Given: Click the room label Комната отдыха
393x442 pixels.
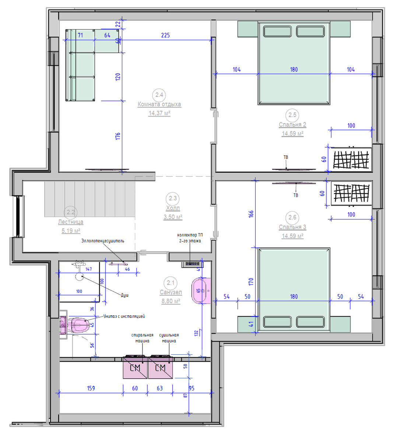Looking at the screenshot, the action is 159,104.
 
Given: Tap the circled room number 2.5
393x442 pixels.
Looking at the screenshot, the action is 292,115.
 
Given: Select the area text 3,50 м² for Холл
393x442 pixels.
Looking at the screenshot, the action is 173,217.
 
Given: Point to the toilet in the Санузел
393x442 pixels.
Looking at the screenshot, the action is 75,325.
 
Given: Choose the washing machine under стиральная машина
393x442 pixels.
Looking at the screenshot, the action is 135,368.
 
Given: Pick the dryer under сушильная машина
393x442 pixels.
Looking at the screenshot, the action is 160,368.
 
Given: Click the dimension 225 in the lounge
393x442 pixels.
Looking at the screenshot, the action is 165,35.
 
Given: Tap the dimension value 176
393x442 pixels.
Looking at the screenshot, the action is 118,136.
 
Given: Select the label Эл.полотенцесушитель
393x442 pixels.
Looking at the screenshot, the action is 103,241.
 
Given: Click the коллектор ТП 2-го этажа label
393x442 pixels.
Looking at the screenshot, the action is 190,238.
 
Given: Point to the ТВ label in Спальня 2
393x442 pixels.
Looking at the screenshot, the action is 286,157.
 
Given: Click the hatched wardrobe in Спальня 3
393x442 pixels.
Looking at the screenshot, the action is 351,193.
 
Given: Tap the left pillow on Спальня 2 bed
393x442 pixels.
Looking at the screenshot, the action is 277,31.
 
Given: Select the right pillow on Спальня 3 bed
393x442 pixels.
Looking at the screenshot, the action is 310,322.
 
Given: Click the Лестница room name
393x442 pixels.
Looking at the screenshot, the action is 70,222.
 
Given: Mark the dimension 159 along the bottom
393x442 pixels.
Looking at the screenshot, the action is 91,388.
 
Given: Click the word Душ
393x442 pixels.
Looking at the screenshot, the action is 125,295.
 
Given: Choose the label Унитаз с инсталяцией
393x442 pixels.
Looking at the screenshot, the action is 124,316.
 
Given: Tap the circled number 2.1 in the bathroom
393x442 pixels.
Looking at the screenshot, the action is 171,283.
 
